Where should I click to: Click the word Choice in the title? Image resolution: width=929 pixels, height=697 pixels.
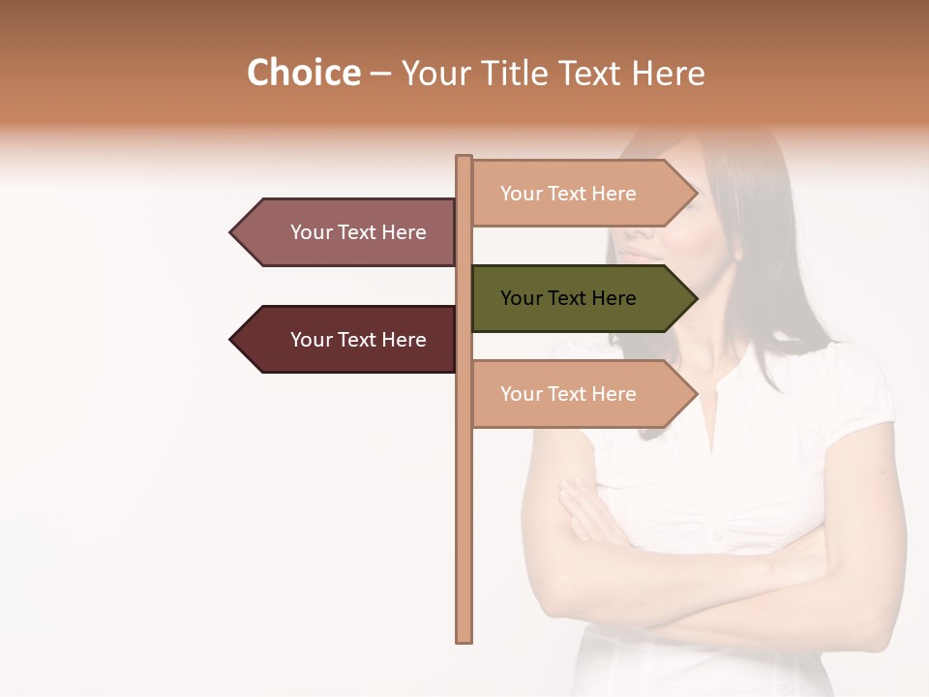pos(303,74)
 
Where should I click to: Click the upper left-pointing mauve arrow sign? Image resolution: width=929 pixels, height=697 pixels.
pos(348,232)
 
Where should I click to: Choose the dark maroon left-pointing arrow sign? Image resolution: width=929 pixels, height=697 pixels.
pos(348,340)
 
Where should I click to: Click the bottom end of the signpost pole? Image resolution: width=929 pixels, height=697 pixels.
pos(464,638)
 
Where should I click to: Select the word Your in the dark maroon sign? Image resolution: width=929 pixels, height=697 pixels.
pos(311,340)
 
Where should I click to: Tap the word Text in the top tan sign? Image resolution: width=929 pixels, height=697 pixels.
pos(569,194)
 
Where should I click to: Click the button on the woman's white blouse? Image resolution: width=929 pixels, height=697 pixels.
pos(717,535)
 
